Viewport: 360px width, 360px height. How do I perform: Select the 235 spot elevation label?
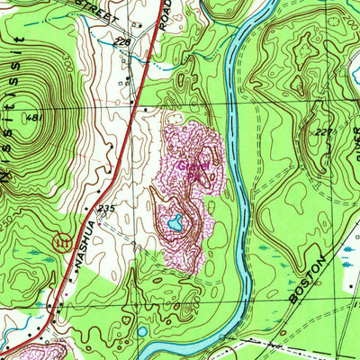[107, 208]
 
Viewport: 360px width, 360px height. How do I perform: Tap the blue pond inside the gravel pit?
[176, 221]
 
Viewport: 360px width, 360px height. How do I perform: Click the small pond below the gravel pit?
[142, 332]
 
